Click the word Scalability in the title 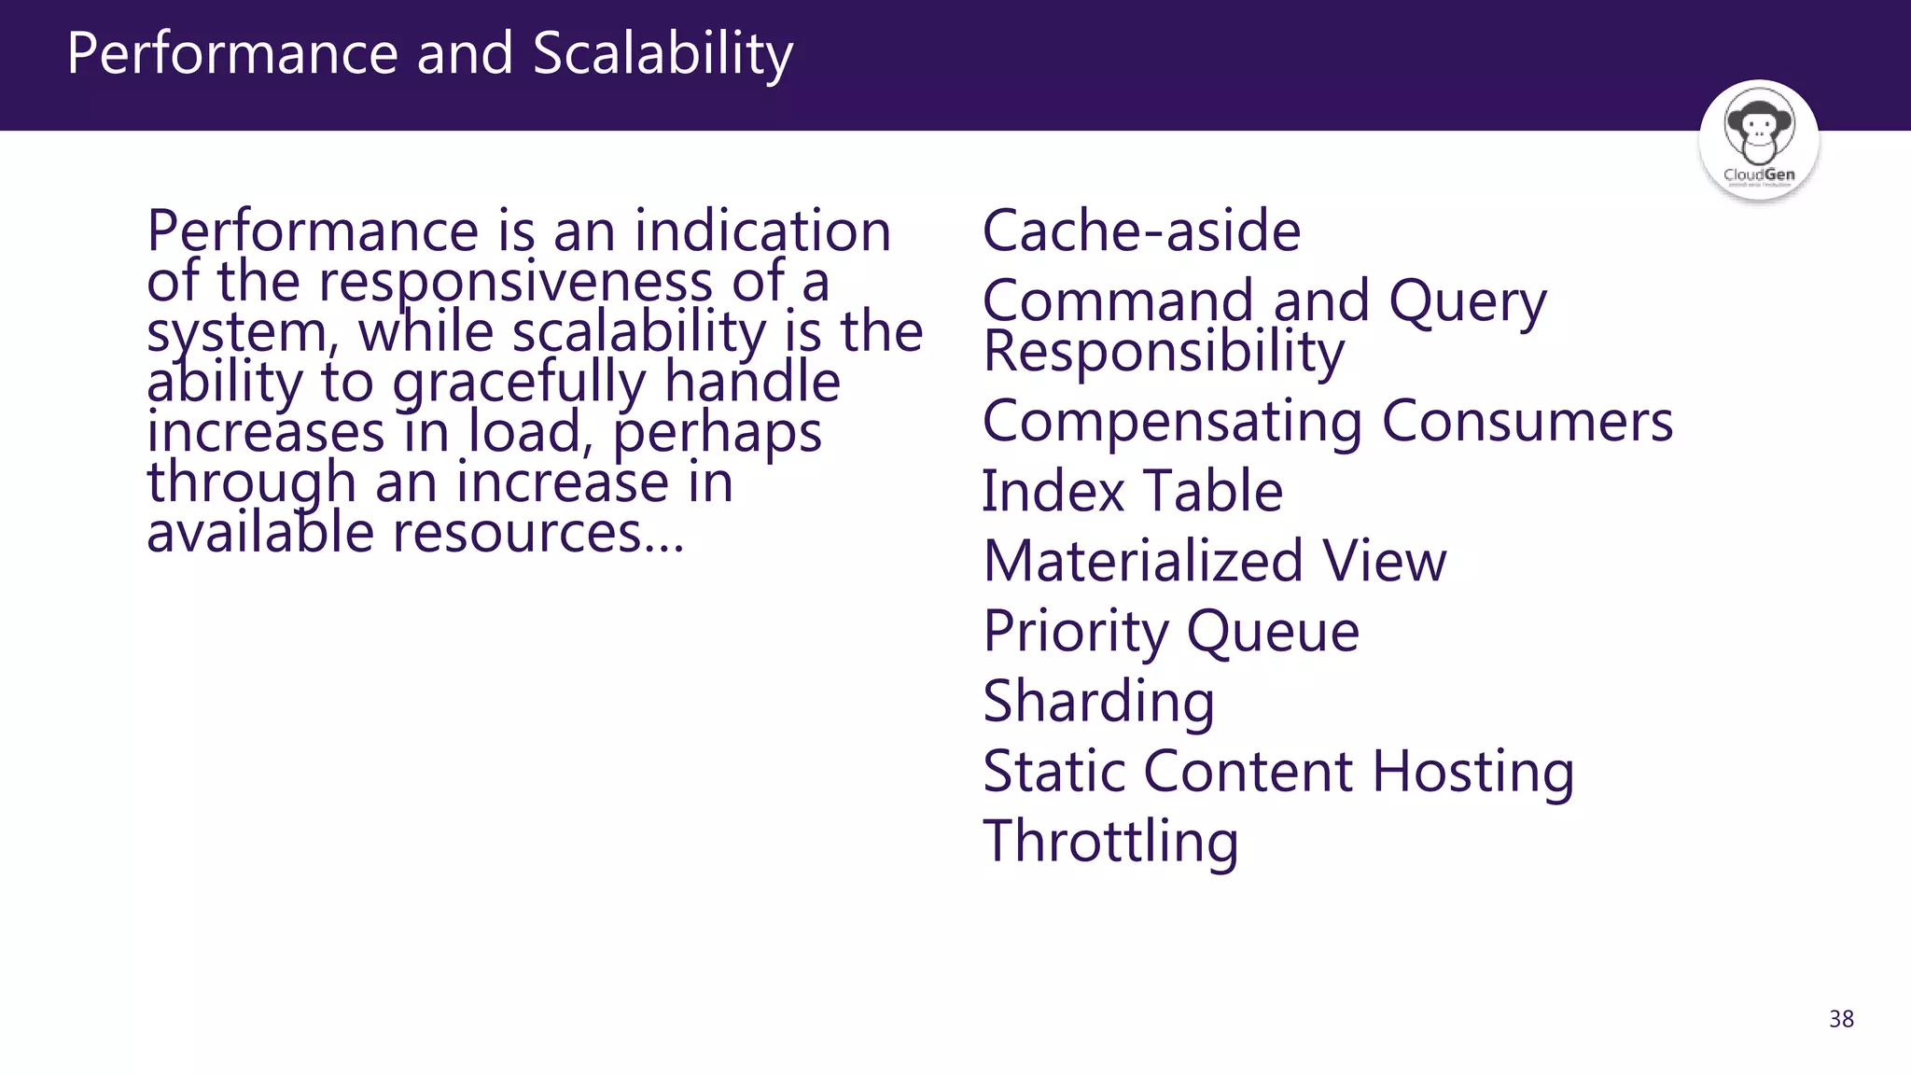(663, 54)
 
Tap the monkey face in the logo (1758, 125)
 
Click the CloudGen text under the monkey (1759, 175)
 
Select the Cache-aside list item (1141, 230)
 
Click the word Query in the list (1467, 302)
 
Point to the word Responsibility (1164, 352)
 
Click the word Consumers (1527, 421)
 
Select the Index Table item (1132, 491)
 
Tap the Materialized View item (1214, 561)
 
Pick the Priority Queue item (1171, 632)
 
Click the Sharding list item (1098, 702)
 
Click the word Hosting (1472, 772)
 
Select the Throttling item (1110, 842)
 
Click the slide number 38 (1841, 1019)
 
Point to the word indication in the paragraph (762, 230)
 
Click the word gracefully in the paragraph (519, 384)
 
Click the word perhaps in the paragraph (717, 434)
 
